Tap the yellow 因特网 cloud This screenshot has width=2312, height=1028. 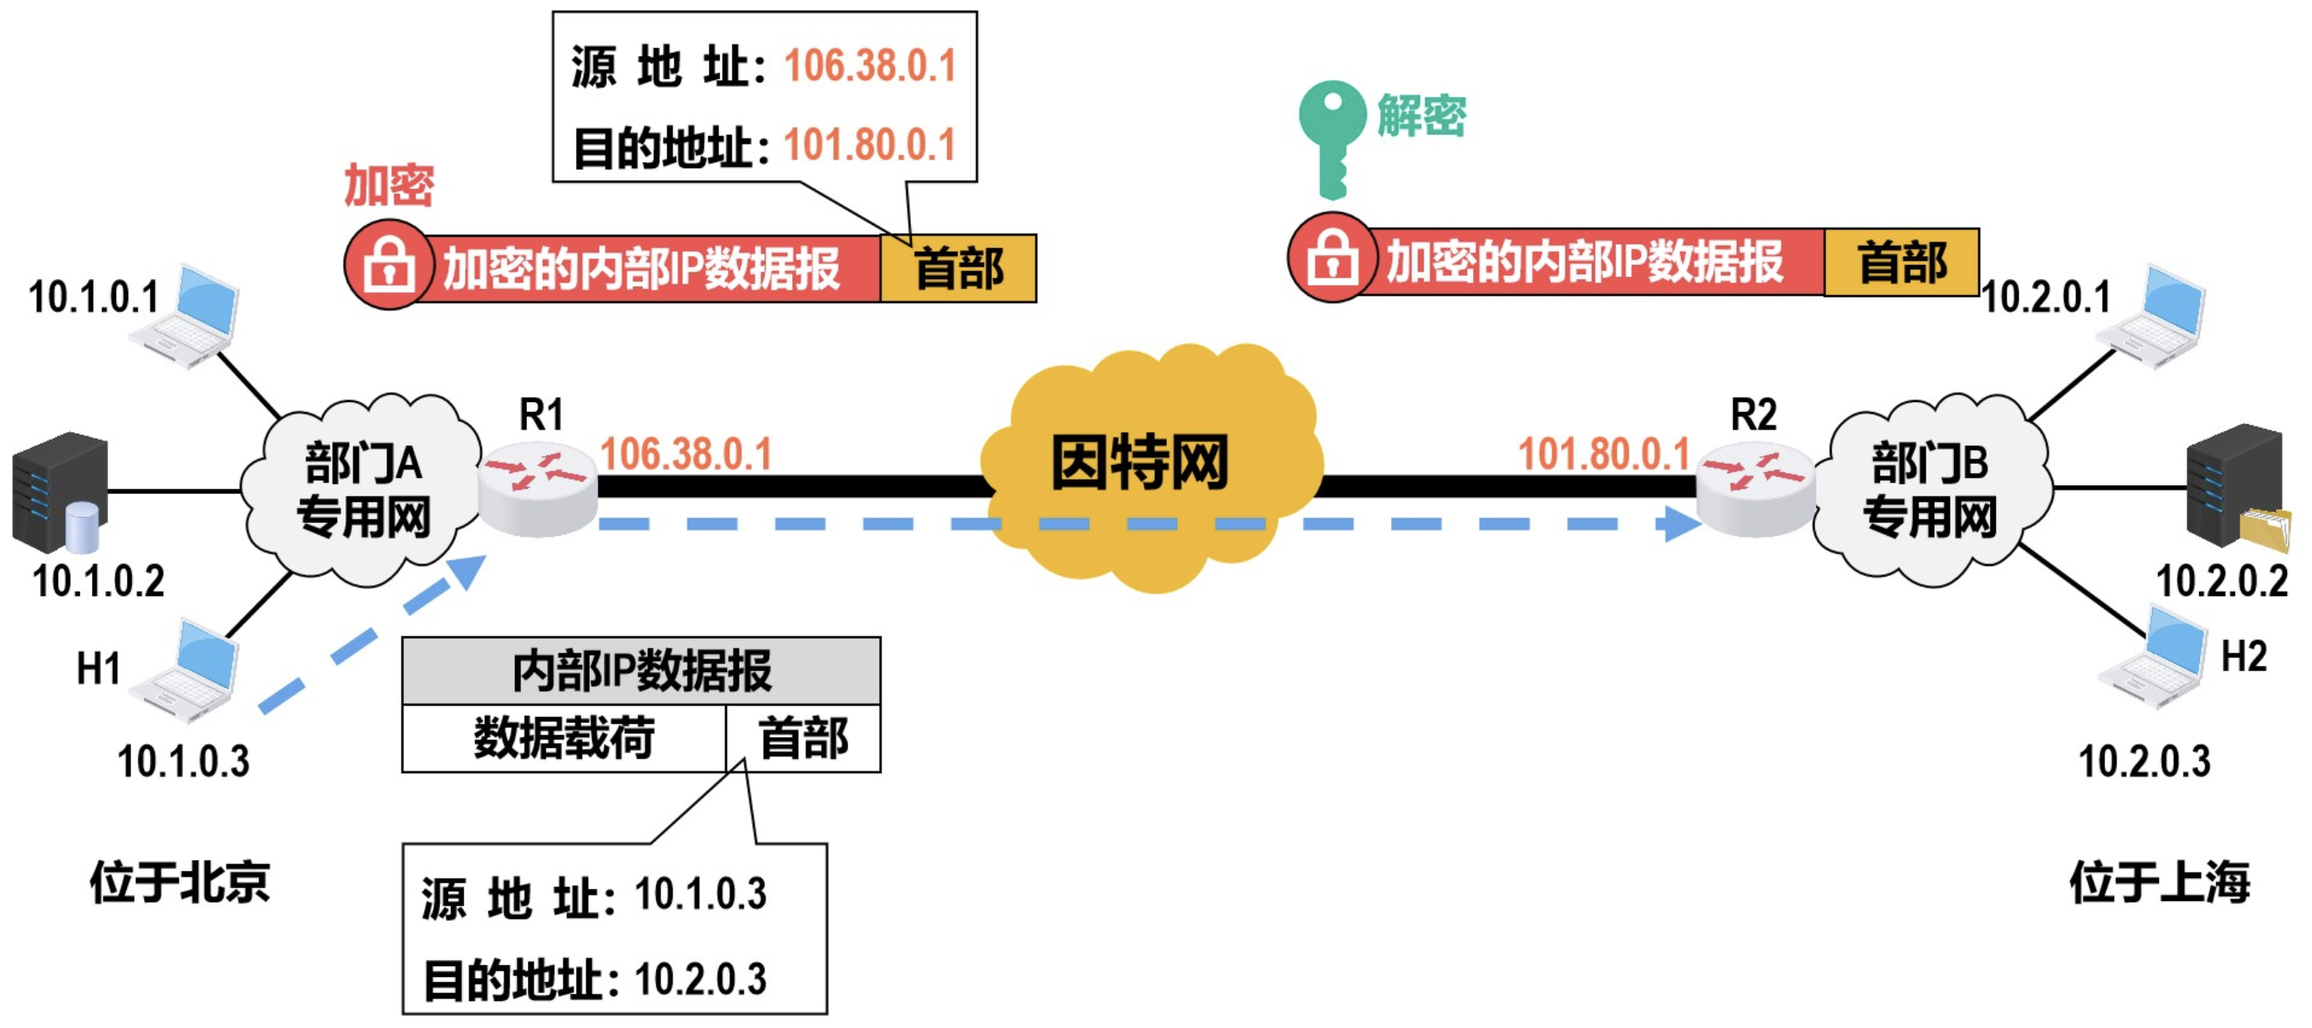[x=1148, y=466]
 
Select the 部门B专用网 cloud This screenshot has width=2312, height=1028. [x=1930, y=489]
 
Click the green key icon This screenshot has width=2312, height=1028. [x=1330, y=135]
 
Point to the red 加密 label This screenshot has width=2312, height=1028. [x=389, y=186]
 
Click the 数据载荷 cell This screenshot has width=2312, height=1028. [x=564, y=738]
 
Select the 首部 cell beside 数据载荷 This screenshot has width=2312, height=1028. [x=803, y=738]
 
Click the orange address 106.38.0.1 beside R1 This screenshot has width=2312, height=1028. [x=686, y=454]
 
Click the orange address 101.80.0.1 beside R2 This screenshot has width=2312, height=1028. [x=1603, y=454]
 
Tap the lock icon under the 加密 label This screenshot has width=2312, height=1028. [x=389, y=267]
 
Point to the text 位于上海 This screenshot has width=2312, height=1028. [x=2159, y=882]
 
